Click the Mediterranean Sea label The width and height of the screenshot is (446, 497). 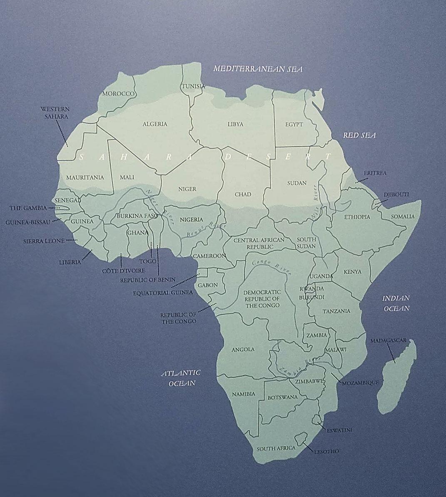258,69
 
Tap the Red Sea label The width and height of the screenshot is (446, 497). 359,135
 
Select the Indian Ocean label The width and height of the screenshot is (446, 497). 396,303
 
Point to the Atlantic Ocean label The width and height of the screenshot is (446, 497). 181,377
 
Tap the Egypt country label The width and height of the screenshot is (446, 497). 294,124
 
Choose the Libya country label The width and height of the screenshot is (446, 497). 235,124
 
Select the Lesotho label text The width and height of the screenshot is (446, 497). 327,451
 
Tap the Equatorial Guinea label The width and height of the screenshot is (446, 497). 163,292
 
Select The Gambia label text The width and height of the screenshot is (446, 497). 28,207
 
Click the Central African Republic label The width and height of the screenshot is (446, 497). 259,243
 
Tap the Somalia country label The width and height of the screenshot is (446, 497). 402,216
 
